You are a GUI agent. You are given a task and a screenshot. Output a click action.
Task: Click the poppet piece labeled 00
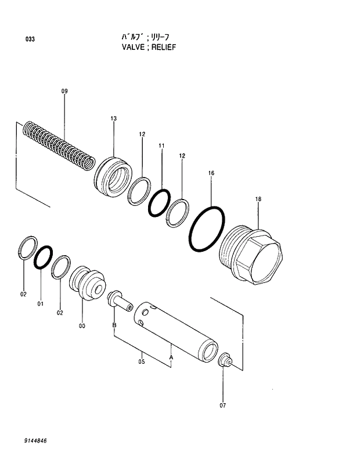pyautogui.click(x=86, y=284)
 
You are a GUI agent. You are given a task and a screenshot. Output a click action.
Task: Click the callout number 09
pyautogui.click(x=64, y=91)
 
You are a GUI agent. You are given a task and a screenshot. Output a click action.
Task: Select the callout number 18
pyautogui.click(x=258, y=200)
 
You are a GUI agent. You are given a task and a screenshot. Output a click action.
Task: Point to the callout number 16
pyautogui.click(x=211, y=173)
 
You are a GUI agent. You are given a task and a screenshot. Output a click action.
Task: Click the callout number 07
pyautogui.click(x=222, y=406)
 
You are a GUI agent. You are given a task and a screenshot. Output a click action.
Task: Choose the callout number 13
pyautogui.click(x=113, y=119)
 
